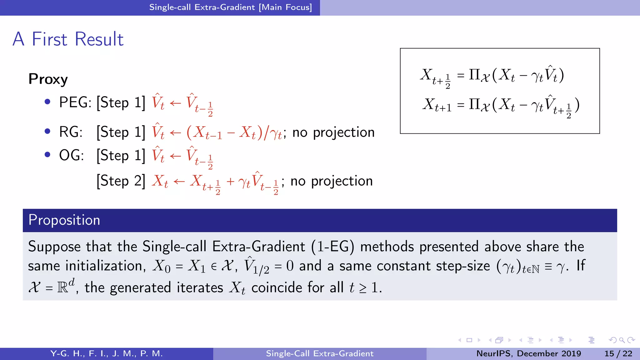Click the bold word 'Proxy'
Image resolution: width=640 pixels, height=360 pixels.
click(x=48, y=79)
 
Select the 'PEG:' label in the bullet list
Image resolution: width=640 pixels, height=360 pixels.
click(x=75, y=102)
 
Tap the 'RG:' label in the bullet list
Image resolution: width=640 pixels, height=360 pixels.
click(x=71, y=132)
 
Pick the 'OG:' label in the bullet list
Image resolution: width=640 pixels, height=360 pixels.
click(x=71, y=155)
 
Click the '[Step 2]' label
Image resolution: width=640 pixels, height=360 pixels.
click(x=121, y=181)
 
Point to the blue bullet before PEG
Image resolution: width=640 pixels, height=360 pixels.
click(x=47, y=102)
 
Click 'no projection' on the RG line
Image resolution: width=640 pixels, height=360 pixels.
click(x=333, y=132)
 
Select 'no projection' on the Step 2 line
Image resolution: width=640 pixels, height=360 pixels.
click(x=331, y=181)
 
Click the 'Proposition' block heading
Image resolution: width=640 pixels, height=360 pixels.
click(x=64, y=220)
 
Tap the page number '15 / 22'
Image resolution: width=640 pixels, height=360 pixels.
click(x=618, y=353)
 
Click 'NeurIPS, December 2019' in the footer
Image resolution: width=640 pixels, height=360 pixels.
click(x=528, y=353)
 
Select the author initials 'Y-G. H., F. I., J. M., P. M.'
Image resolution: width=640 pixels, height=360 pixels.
click(x=107, y=353)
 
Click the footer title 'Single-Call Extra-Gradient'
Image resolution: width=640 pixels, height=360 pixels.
click(x=320, y=353)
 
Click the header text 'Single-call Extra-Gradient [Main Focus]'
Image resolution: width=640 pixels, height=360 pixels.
click(x=230, y=7)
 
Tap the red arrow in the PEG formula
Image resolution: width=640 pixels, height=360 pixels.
click(x=175, y=103)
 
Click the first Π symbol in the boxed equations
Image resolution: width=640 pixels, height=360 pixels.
click(x=474, y=75)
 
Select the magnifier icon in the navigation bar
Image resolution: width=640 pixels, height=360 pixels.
click(x=622, y=340)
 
